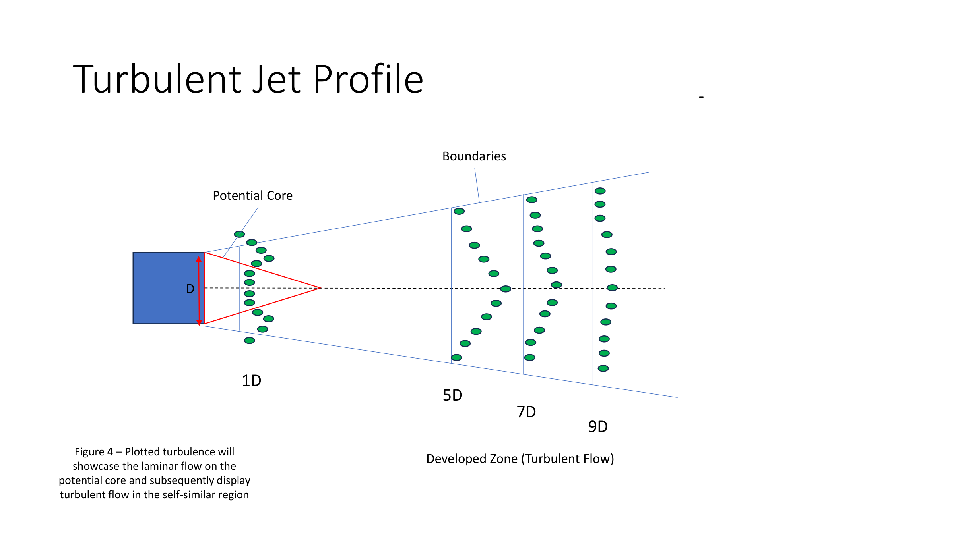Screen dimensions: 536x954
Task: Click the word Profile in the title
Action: (368, 79)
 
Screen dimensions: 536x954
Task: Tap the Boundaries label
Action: (474, 156)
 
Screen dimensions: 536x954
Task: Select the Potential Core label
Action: (252, 195)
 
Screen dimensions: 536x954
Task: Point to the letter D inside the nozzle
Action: (190, 289)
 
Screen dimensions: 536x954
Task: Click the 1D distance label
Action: (251, 380)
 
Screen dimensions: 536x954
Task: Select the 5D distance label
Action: (452, 395)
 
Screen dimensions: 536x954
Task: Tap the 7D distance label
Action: (526, 412)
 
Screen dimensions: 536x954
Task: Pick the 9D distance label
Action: (598, 427)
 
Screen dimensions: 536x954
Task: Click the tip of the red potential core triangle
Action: (320, 288)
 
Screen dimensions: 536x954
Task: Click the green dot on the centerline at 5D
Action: (506, 289)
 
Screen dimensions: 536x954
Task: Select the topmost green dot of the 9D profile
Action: (600, 191)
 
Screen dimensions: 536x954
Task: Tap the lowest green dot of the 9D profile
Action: (603, 368)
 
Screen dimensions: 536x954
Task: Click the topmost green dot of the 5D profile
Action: (459, 211)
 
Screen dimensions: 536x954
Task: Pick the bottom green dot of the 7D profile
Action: (529, 357)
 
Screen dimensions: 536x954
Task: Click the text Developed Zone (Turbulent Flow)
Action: (520, 459)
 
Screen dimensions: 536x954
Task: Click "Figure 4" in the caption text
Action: (93, 452)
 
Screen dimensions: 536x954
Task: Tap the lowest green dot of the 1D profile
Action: (249, 341)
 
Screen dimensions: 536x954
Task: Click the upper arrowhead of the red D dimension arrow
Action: (199, 259)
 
